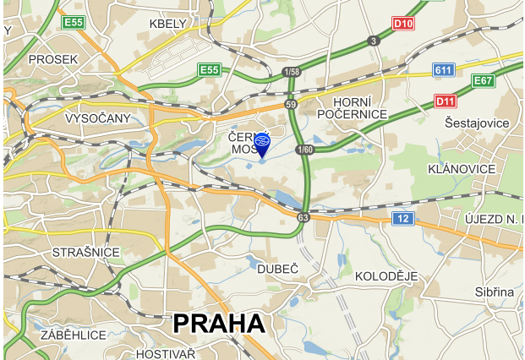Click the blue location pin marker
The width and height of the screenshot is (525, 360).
click(x=262, y=145)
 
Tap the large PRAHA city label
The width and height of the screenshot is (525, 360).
click(x=219, y=323)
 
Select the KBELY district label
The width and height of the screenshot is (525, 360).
click(x=167, y=24)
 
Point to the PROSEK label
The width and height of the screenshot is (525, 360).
click(x=52, y=59)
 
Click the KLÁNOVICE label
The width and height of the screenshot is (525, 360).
click(x=462, y=169)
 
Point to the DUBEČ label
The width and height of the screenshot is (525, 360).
click(x=278, y=268)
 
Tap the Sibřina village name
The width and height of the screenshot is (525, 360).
click(x=494, y=292)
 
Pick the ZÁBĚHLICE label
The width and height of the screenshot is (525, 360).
click(x=73, y=335)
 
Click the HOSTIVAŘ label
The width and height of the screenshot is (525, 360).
click(x=166, y=353)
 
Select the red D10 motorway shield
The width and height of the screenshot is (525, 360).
click(x=403, y=24)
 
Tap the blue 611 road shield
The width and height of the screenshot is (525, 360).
click(x=443, y=69)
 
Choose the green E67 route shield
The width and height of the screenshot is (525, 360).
click(x=483, y=80)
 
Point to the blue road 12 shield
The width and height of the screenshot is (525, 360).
click(x=403, y=219)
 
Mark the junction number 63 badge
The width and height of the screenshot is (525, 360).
click(x=303, y=217)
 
